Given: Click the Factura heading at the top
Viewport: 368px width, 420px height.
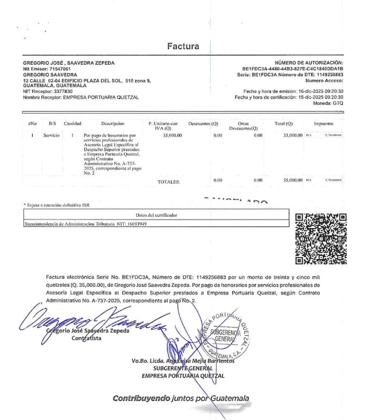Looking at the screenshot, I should click(183, 46).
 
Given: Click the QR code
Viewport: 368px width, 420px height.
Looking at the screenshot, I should click(321, 238).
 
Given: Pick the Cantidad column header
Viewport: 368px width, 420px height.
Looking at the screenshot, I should click(72, 124).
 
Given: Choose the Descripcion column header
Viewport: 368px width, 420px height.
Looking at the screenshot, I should click(113, 124).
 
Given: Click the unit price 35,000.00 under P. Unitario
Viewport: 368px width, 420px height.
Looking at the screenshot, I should click(172, 135).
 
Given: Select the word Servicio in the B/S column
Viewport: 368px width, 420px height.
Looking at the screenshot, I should click(52, 135).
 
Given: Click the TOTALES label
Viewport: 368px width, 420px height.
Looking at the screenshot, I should click(168, 182).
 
